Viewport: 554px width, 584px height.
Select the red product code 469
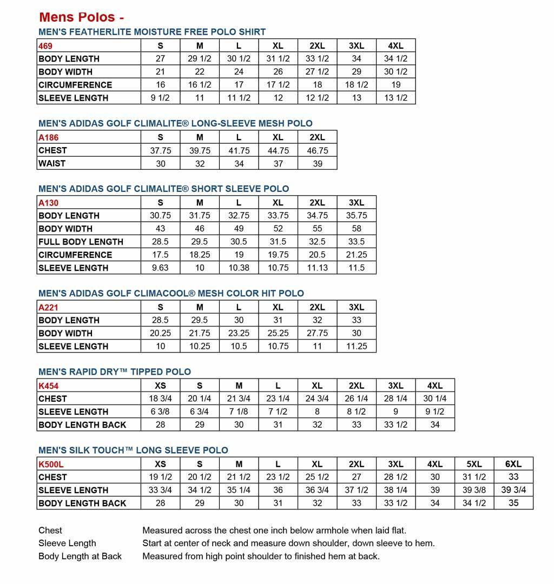pyautogui.click(x=46, y=46)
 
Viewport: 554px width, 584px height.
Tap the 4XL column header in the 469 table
pyautogui.click(x=395, y=46)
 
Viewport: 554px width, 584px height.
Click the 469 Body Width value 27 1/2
pyautogui.click(x=317, y=72)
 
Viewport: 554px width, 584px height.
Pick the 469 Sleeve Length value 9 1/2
pyautogui.click(x=160, y=98)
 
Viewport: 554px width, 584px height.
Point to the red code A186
pyautogui.click(x=49, y=137)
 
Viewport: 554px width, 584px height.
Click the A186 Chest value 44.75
pyautogui.click(x=278, y=151)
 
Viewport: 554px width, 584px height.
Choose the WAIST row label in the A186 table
pyautogui.click(x=52, y=163)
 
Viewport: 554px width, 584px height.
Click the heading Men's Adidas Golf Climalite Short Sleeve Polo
pyautogui.click(x=163, y=189)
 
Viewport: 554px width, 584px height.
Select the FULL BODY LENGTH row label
pyautogui.click(x=81, y=242)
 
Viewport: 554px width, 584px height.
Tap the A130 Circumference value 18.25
pyautogui.click(x=200, y=255)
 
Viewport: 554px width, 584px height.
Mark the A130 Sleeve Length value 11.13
pyautogui.click(x=317, y=268)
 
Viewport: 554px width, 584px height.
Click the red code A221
pyautogui.click(x=49, y=307)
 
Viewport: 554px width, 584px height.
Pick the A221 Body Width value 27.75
pyautogui.click(x=317, y=333)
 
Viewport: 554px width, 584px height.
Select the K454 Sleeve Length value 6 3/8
pyautogui.click(x=160, y=412)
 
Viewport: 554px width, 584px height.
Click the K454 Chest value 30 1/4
pyautogui.click(x=434, y=399)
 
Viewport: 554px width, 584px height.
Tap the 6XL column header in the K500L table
pyautogui.click(x=513, y=464)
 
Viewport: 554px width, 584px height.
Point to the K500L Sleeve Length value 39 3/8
pyautogui.click(x=474, y=490)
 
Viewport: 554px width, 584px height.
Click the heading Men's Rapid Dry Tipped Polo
pyautogui.click(x=115, y=372)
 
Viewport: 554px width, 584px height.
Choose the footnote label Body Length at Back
pyautogui.click(x=80, y=556)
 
